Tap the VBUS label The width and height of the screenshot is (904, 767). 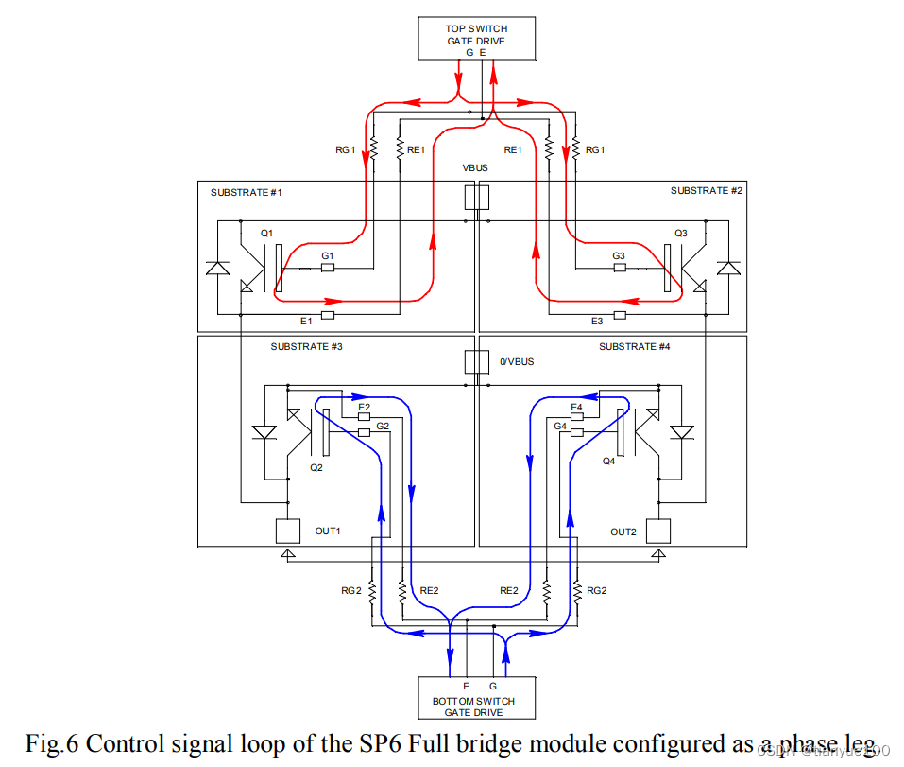point(475,167)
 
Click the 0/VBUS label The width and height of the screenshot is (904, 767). point(517,361)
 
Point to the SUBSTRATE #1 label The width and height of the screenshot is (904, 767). point(247,193)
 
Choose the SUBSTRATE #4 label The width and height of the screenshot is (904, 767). point(634,347)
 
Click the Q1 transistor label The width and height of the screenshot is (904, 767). point(266,233)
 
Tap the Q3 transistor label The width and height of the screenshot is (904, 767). point(681,233)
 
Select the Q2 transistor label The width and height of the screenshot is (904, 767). point(316,467)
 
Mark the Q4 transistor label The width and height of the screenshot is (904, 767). point(609,462)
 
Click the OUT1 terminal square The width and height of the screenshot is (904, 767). point(287,531)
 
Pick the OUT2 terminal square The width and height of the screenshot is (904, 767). point(657,531)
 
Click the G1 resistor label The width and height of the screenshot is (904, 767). point(327,256)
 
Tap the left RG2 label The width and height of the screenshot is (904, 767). point(350,590)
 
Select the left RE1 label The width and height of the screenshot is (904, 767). point(417,149)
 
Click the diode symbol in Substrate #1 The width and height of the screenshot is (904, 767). point(217,269)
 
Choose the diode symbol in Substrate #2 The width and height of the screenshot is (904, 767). point(727,269)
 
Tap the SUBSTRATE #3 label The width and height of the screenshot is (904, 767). point(306,347)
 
